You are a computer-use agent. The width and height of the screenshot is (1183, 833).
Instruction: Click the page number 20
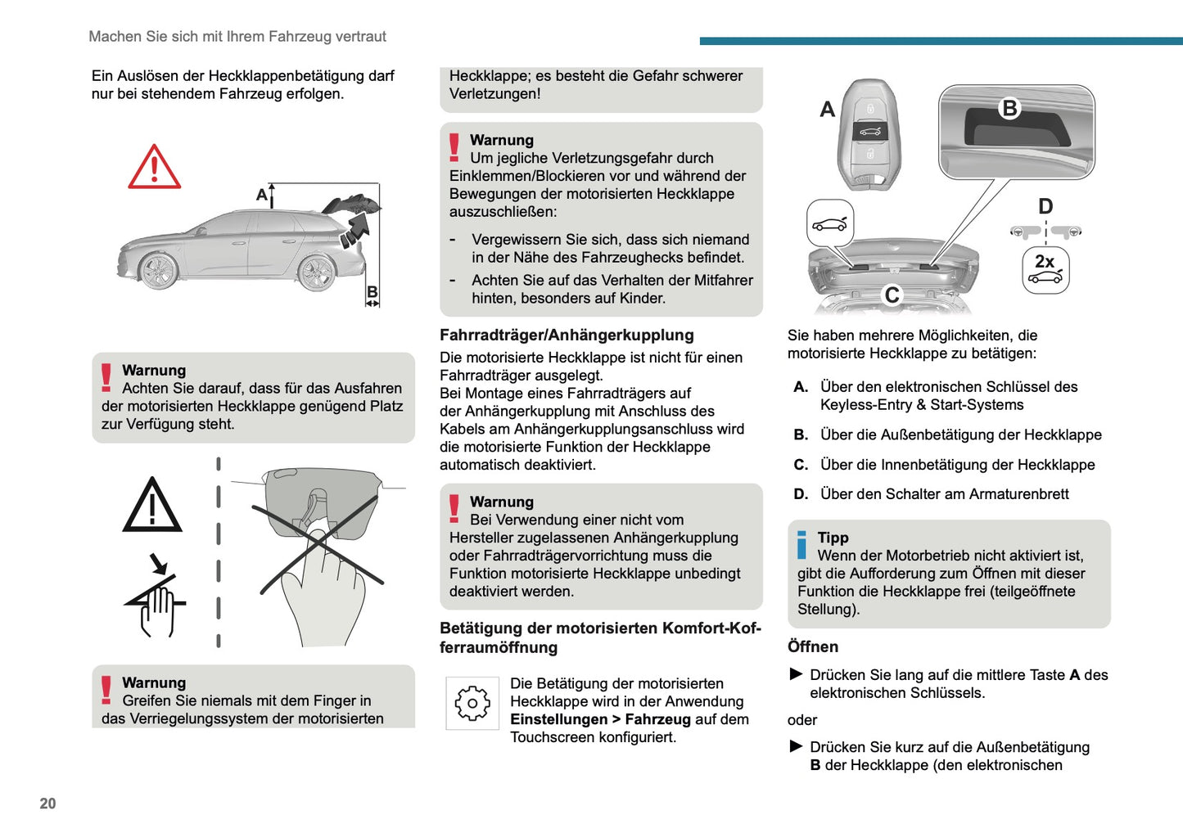48,804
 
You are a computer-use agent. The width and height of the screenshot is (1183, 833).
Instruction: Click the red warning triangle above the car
154,168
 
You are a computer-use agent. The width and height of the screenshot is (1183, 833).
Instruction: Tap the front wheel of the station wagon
158,269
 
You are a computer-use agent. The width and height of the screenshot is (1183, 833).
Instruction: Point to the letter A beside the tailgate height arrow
262,195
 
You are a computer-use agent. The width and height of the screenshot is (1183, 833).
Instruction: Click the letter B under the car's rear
372,292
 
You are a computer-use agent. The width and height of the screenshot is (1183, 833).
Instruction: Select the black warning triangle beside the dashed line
152,506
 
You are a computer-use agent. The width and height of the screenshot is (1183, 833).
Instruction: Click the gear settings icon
472,703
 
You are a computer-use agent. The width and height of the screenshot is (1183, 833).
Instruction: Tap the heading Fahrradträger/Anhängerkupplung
567,335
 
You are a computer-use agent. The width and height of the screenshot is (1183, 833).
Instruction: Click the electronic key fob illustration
869,133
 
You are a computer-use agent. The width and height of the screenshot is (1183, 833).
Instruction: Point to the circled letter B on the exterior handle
1009,108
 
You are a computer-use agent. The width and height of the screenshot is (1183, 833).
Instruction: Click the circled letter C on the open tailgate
892,295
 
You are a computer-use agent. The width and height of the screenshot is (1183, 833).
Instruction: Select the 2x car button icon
1045,270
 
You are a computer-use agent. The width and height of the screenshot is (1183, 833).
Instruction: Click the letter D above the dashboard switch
1045,206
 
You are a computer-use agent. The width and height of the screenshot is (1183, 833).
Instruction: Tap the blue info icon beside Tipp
801,545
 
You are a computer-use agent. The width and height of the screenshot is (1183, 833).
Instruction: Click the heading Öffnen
813,646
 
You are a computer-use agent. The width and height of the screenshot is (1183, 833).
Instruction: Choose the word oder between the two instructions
802,720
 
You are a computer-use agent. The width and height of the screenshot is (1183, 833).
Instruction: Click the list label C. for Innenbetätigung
801,465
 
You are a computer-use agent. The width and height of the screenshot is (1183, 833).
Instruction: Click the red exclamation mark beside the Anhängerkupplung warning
454,508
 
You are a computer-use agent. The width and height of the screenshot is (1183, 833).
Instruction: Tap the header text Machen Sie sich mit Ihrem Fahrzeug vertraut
237,37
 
